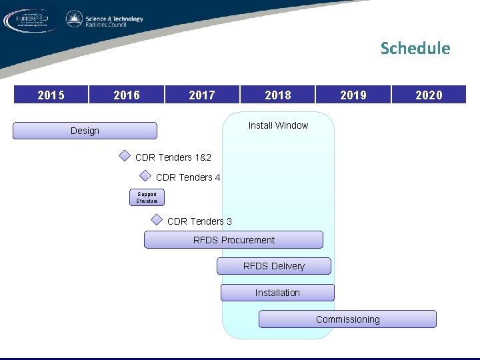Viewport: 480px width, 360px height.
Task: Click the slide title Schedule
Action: pos(415,49)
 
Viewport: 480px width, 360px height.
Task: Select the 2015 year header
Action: pos(51,95)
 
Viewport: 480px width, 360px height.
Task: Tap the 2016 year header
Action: pos(127,95)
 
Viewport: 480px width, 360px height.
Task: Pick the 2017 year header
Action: pos(202,95)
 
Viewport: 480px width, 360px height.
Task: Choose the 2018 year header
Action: pos(278,95)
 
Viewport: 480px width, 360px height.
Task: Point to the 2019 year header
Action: pos(353,95)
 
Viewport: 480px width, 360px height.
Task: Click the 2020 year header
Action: pos(429,95)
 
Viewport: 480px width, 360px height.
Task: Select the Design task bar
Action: pos(85,131)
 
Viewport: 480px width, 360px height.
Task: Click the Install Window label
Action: pos(278,125)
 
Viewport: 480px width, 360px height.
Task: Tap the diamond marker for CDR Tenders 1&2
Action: pos(125,156)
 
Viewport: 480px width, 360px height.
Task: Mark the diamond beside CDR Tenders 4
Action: pos(145,176)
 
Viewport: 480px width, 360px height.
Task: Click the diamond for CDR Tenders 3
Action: pos(157,219)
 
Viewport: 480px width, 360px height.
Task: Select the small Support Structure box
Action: pos(147,197)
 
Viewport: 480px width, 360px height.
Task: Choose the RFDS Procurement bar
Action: pos(233,240)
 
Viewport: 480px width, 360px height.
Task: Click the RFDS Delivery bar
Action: pos(273,266)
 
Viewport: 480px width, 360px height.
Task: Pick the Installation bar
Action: pos(277,293)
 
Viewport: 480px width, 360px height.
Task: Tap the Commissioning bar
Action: pos(347,319)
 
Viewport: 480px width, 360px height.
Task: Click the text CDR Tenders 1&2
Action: pos(173,157)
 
